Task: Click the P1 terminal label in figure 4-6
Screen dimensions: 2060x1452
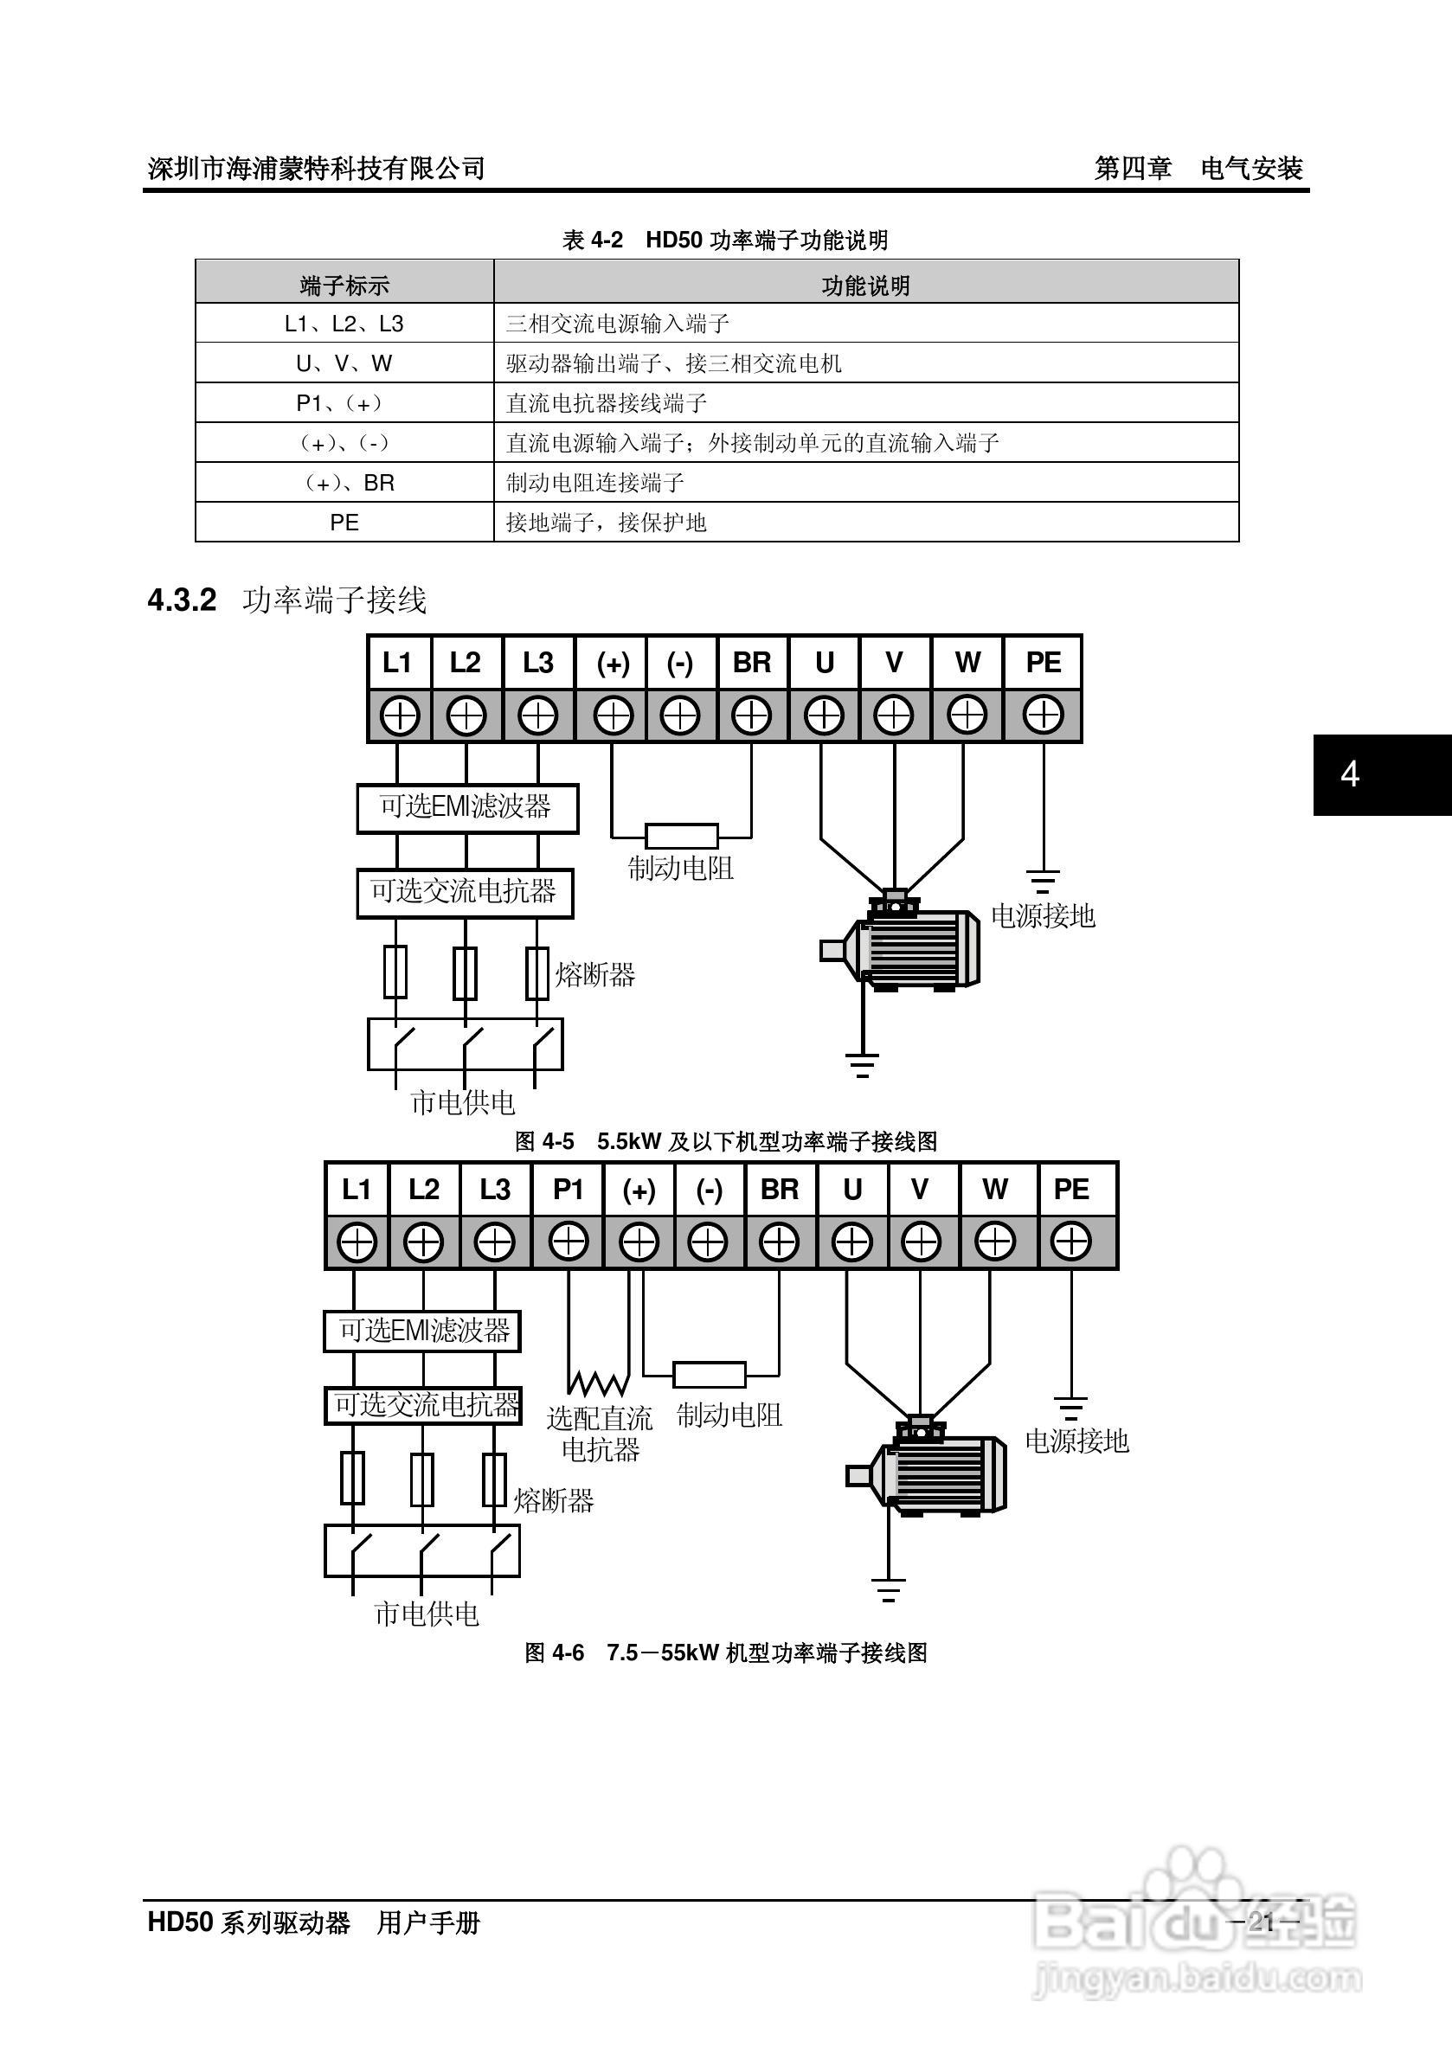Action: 568,1190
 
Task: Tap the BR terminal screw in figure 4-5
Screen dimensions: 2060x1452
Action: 752,716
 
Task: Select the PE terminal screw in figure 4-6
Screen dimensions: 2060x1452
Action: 1071,1242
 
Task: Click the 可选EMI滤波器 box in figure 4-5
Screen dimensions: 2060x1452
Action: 466,807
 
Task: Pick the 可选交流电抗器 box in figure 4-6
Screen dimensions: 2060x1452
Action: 422,1405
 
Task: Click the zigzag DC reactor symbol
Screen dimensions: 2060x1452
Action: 597,1382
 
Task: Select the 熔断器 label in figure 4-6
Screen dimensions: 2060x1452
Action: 554,1500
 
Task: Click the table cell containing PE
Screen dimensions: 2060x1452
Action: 344,523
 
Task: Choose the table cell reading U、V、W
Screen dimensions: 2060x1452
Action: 344,363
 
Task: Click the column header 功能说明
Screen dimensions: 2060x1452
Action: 866,286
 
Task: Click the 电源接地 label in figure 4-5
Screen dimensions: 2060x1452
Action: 1043,915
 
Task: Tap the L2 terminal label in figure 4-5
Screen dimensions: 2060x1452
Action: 466,663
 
